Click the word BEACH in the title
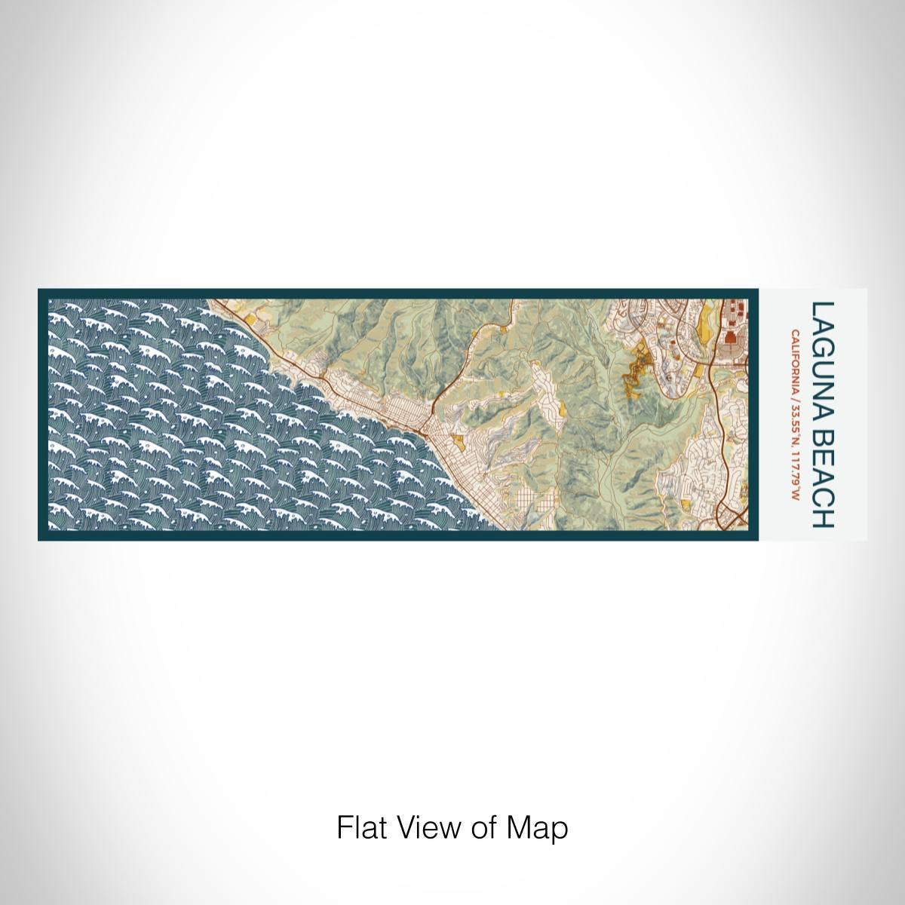click(822, 476)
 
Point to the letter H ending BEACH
click(822, 518)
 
